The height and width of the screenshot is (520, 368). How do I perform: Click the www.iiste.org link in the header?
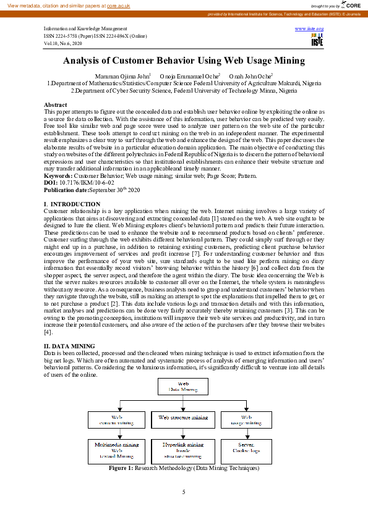pyautogui.click(x=315, y=29)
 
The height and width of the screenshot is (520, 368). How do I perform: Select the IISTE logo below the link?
pyautogui.click(x=317, y=40)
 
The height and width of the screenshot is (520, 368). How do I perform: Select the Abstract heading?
pyautogui.click(x=56, y=105)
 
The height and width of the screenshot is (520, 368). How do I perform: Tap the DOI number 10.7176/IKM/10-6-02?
pyautogui.click(x=83, y=183)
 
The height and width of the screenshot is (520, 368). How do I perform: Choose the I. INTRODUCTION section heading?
pyautogui.click(x=72, y=204)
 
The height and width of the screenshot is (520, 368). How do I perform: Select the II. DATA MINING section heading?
pyautogui.click(x=69, y=346)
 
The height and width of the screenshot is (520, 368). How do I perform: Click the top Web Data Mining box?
pyautogui.click(x=184, y=387)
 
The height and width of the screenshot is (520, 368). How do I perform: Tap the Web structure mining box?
pyautogui.click(x=183, y=418)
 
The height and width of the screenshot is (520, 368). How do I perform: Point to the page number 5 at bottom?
pyautogui.click(x=184, y=492)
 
